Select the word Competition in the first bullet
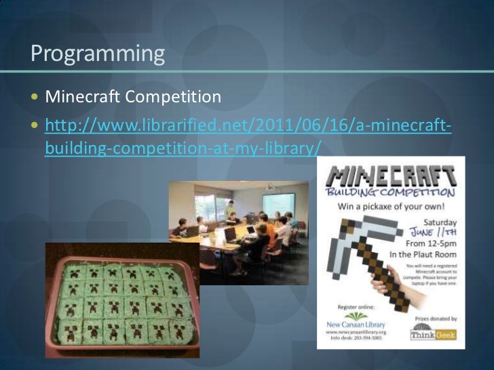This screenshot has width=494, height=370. [x=174, y=98]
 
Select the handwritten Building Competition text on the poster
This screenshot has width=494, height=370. [x=392, y=192]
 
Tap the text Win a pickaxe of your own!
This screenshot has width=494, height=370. [x=392, y=207]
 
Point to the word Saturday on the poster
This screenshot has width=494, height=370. [x=440, y=222]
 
